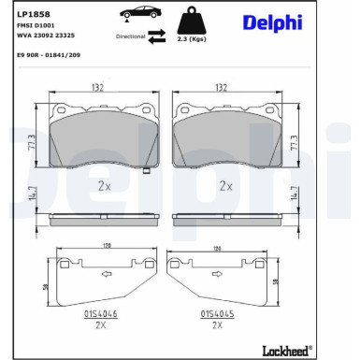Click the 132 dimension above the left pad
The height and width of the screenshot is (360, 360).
pyautogui.click(x=98, y=87)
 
